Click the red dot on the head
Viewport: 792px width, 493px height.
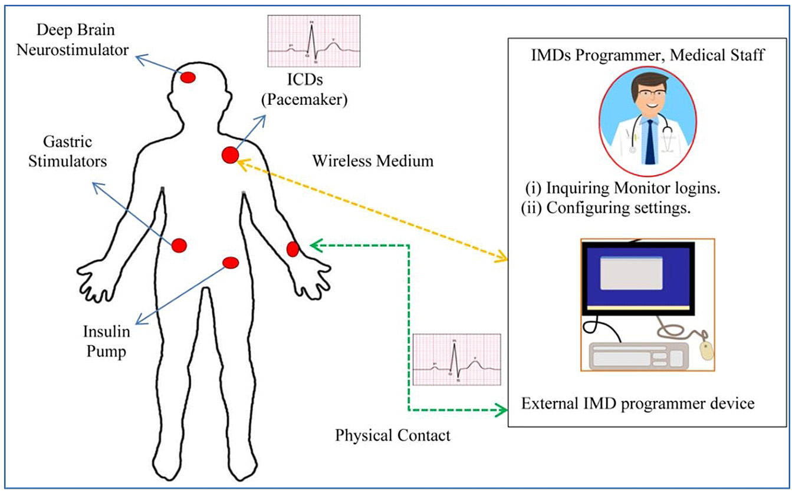click(x=188, y=77)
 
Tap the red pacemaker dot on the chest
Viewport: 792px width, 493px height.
click(x=230, y=155)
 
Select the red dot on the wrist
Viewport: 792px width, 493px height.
click(x=293, y=249)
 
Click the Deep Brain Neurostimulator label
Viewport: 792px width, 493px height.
click(x=73, y=40)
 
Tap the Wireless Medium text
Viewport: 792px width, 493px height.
click(x=373, y=160)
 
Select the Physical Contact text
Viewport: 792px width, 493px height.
click(x=393, y=436)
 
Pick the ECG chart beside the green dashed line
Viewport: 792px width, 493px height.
click(x=457, y=359)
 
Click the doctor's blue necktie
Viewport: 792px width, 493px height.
click(x=649, y=141)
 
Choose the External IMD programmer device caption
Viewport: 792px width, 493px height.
click(x=637, y=405)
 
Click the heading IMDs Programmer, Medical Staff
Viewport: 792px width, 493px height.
click(x=648, y=57)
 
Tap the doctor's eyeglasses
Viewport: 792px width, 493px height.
click(x=649, y=97)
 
